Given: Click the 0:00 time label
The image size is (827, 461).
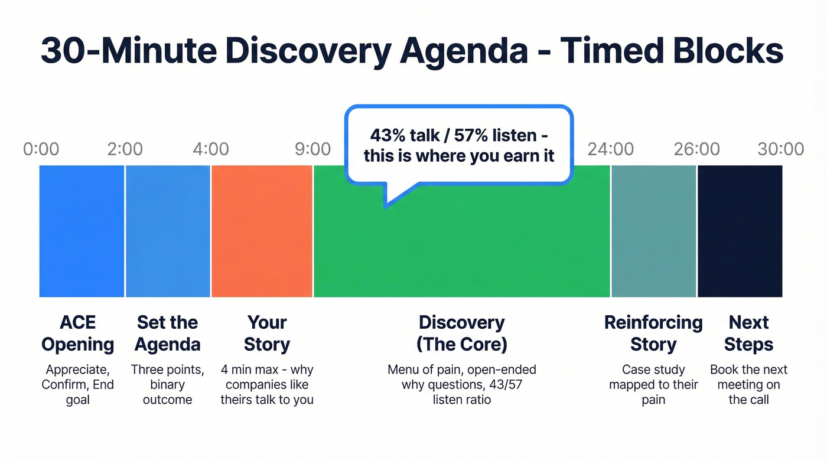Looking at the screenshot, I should point(41,149).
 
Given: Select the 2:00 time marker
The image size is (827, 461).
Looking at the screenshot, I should point(125,149).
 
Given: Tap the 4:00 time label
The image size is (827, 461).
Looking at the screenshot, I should point(210,149).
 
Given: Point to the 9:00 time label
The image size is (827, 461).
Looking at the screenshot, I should point(312,149).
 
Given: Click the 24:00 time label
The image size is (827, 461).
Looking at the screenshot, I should point(611,149).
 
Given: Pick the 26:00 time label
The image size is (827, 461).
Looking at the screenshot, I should point(697,149).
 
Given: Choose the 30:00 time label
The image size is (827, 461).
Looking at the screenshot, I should point(781,149).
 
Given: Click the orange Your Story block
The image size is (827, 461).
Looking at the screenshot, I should point(262,231).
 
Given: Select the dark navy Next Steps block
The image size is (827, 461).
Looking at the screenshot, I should point(740,231).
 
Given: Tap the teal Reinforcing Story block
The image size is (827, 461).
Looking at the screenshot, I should point(654,231).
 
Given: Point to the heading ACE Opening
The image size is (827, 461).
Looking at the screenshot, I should point(78,333).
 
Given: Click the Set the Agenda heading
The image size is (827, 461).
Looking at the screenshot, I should point(168,333).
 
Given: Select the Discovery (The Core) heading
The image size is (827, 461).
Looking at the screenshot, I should point(461,333).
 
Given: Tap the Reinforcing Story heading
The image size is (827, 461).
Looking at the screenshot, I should point(653,333).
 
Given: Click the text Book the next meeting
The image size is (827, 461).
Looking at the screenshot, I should point(748,377).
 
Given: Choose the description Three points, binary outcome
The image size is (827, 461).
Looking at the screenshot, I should point(168,384).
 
